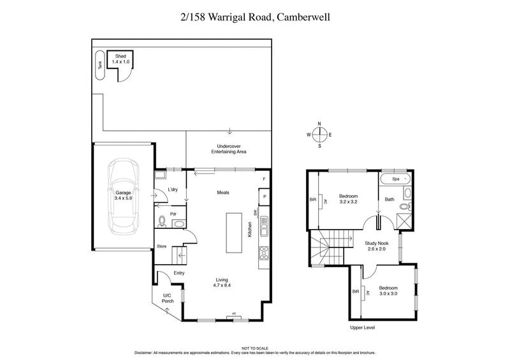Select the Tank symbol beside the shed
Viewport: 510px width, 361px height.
99,64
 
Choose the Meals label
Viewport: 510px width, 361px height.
222,193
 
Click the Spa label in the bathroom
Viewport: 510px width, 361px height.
395,180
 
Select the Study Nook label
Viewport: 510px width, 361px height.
377,246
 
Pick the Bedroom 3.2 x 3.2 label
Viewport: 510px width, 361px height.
348,199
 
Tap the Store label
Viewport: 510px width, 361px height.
161,246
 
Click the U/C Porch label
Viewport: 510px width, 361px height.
168,298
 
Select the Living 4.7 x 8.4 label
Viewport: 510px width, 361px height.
222,282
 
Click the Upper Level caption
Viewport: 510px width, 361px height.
362,328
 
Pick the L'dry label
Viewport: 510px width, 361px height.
172,190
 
